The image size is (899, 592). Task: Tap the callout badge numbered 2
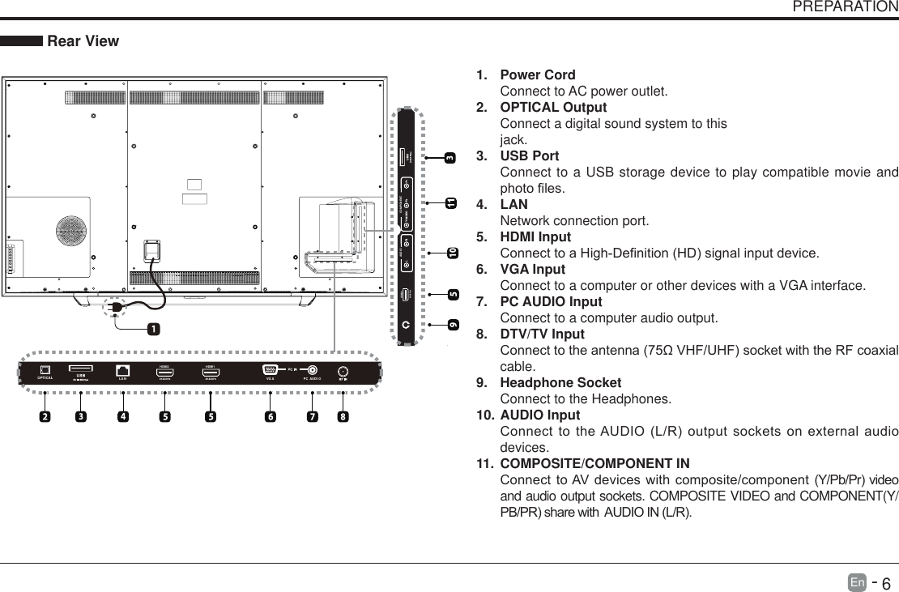coord(45,417)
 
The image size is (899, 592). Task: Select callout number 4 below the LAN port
coord(122,417)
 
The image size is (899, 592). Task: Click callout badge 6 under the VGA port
coord(269,417)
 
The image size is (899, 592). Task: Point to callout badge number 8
coord(343,417)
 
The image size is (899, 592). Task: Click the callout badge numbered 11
coord(450,202)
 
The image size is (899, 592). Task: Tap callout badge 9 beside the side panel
coord(452,325)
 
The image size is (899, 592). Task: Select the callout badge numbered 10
coord(452,253)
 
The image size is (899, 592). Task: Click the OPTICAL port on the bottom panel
coord(45,370)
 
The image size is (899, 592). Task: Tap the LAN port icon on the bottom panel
coord(123,370)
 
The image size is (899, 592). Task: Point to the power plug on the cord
coord(116,309)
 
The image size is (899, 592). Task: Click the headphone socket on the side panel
coord(406,323)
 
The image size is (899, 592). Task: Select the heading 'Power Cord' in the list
coord(538,75)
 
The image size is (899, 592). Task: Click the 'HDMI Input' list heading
coord(535,237)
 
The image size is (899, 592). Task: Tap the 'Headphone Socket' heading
coord(560,382)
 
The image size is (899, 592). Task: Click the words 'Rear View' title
coord(83,40)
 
